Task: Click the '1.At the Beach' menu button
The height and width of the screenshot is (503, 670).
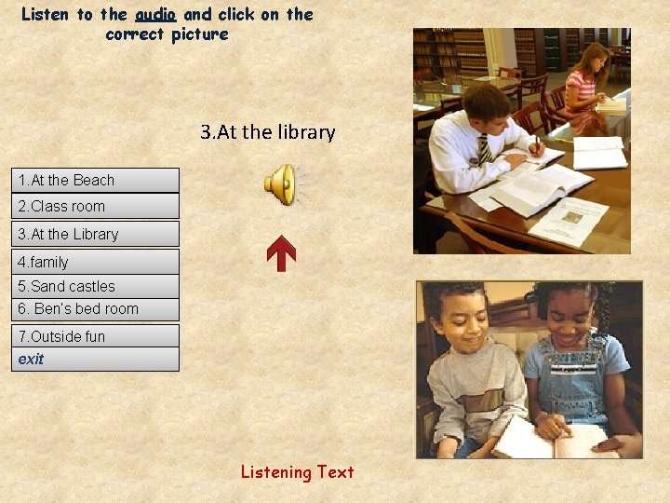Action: click(x=94, y=180)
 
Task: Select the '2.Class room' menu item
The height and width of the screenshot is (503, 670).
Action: click(x=94, y=206)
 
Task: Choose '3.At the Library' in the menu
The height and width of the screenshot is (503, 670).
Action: click(x=94, y=234)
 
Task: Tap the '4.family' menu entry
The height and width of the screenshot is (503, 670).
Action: click(x=94, y=262)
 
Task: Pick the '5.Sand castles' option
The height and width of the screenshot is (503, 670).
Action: click(x=94, y=286)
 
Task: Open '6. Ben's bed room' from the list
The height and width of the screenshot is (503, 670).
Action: click(x=94, y=308)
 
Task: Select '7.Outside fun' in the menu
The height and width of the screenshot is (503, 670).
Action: click(x=94, y=336)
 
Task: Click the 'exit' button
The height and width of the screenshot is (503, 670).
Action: click(x=94, y=359)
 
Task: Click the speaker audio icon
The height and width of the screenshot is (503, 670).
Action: click(x=280, y=184)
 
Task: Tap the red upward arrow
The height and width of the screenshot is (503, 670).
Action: click(x=281, y=253)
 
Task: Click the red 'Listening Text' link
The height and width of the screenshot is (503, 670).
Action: click(x=297, y=472)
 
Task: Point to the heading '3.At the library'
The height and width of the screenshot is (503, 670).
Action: click(x=267, y=132)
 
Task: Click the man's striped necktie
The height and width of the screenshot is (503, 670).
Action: click(x=485, y=149)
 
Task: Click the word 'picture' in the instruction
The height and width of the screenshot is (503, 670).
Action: click(x=199, y=34)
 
